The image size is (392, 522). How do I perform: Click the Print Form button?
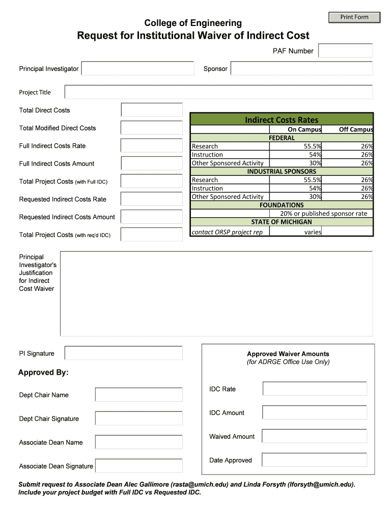pyautogui.click(x=354, y=17)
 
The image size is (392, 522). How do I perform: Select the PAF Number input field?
pyautogui.click(x=345, y=51)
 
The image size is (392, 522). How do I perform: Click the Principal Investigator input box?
pyautogui.click(x=137, y=69)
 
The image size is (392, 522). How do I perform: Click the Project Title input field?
pyautogui.click(x=218, y=92)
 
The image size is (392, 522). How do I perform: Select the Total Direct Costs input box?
pyautogui.click(x=151, y=110)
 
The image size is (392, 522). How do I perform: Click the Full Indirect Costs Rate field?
pyautogui.click(x=151, y=146)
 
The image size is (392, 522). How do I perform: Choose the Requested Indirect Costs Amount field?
pyautogui.click(x=151, y=217)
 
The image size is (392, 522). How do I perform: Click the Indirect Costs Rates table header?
pyautogui.click(x=282, y=120)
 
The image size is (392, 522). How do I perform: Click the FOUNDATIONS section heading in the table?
pyautogui.click(x=282, y=205)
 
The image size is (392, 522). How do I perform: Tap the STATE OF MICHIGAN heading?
pyautogui.click(x=282, y=222)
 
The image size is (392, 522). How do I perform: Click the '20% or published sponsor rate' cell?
pyautogui.click(x=323, y=214)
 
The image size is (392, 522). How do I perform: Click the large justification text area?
pyautogui.click(x=216, y=293)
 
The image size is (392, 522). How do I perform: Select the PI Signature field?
pyautogui.click(x=123, y=353)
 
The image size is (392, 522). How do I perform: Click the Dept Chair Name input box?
pyautogui.click(x=138, y=395)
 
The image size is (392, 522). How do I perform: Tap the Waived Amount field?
pyautogui.click(x=314, y=436)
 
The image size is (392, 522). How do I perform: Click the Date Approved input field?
pyautogui.click(x=314, y=460)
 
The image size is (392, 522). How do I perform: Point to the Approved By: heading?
pyautogui.click(x=43, y=373)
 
